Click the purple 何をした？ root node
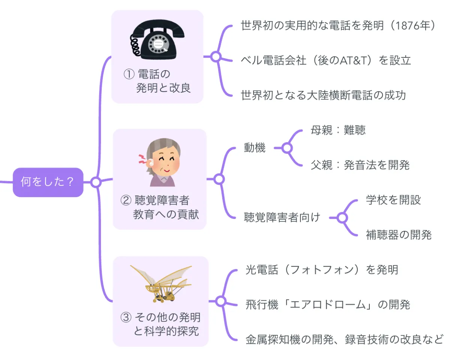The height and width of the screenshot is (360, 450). (48, 182)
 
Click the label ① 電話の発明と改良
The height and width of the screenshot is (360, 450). (157, 81)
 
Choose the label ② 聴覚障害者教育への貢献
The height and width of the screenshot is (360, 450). (160, 207)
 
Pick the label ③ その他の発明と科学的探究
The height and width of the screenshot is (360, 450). (160, 324)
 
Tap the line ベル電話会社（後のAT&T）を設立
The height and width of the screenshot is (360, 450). (326, 60)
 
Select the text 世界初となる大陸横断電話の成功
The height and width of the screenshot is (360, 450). (323, 95)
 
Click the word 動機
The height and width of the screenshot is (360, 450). (255, 148)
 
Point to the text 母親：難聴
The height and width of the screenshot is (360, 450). (338, 130)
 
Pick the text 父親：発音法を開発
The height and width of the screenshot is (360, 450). (360, 165)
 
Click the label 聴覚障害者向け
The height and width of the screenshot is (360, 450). (282, 217)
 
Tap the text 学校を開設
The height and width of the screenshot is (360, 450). (393, 200)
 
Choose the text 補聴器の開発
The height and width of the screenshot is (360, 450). (399, 235)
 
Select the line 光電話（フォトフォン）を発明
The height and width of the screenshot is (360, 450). (322, 270)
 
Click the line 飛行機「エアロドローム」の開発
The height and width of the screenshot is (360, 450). (328, 304)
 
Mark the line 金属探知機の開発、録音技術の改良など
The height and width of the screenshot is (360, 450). (344, 339)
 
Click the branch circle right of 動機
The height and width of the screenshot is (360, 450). (287, 148)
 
